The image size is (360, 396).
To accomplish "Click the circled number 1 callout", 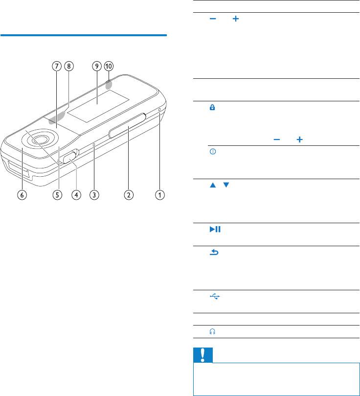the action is click(x=159, y=195).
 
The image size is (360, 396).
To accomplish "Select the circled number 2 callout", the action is click(x=129, y=195).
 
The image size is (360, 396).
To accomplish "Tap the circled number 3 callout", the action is click(x=94, y=195).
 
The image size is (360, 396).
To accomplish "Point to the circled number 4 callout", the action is click(x=76, y=195).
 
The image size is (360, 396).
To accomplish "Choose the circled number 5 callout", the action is click(x=58, y=195).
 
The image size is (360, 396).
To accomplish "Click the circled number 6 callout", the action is click(x=22, y=195).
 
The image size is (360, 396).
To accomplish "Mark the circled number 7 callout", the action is click(x=57, y=66).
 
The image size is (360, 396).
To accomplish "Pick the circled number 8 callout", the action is click(x=69, y=66).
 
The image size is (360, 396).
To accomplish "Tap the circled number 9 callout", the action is click(x=97, y=66).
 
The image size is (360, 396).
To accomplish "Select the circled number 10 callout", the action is click(x=109, y=66).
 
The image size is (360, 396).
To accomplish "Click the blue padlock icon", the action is click(x=212, y=107).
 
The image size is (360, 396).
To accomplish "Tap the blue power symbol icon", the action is click(x=213, y=152).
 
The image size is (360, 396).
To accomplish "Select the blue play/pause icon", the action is click(x=215, y=229).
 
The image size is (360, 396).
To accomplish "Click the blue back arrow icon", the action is click(x=214, y=252).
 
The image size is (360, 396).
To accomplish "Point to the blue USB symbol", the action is click(x=215, y=296).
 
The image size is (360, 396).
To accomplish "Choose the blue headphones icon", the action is click(x=212, y=331).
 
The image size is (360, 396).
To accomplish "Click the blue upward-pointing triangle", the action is click(x=213, y=185).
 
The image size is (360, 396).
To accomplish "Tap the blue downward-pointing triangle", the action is click(x=226, y=185).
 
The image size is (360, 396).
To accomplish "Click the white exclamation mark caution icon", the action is click(x=202, y=355).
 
